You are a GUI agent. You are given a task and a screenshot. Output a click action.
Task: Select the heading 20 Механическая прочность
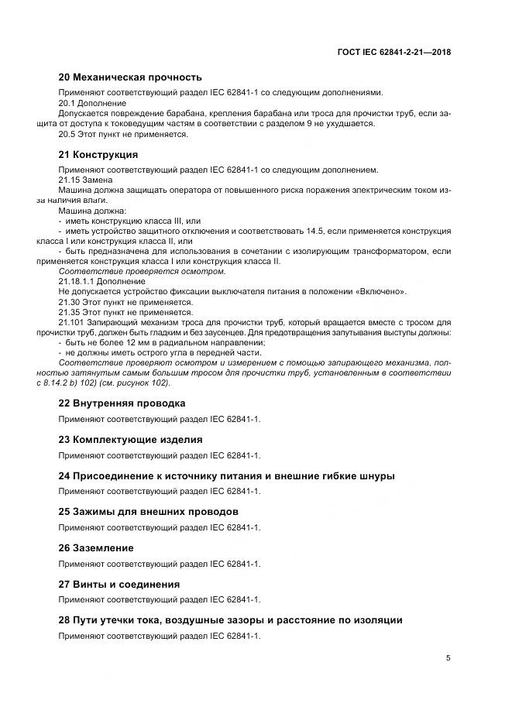130,77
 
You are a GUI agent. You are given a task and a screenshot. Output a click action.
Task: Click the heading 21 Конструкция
98,155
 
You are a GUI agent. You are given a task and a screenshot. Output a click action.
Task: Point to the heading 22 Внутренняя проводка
122,403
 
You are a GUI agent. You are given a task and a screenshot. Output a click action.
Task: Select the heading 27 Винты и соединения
119,584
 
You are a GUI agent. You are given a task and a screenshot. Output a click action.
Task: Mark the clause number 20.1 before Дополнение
67,103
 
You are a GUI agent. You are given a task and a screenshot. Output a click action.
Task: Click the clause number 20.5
67,135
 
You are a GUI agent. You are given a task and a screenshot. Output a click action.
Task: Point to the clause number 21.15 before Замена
70,180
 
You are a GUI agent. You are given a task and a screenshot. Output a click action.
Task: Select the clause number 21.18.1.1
76,281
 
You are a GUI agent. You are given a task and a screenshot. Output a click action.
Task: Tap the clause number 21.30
70,302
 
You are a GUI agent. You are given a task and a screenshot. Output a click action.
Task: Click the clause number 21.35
70,312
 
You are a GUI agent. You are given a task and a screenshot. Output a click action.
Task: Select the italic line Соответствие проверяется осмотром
143,271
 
